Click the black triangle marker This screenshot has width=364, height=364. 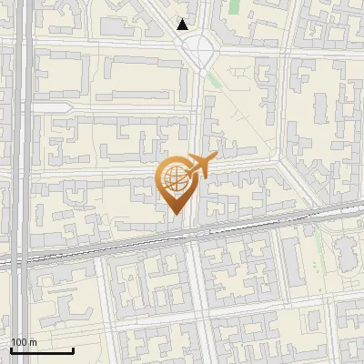[x=183, y=25]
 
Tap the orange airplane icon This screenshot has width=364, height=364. [x=200, y=166]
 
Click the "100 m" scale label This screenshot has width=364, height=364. [x=24, y=342]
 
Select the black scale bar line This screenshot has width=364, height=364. [x=42, y=350]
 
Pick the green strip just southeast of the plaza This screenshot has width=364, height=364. [x=214, y=79]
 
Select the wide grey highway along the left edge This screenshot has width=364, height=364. [x=21, y=182]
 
